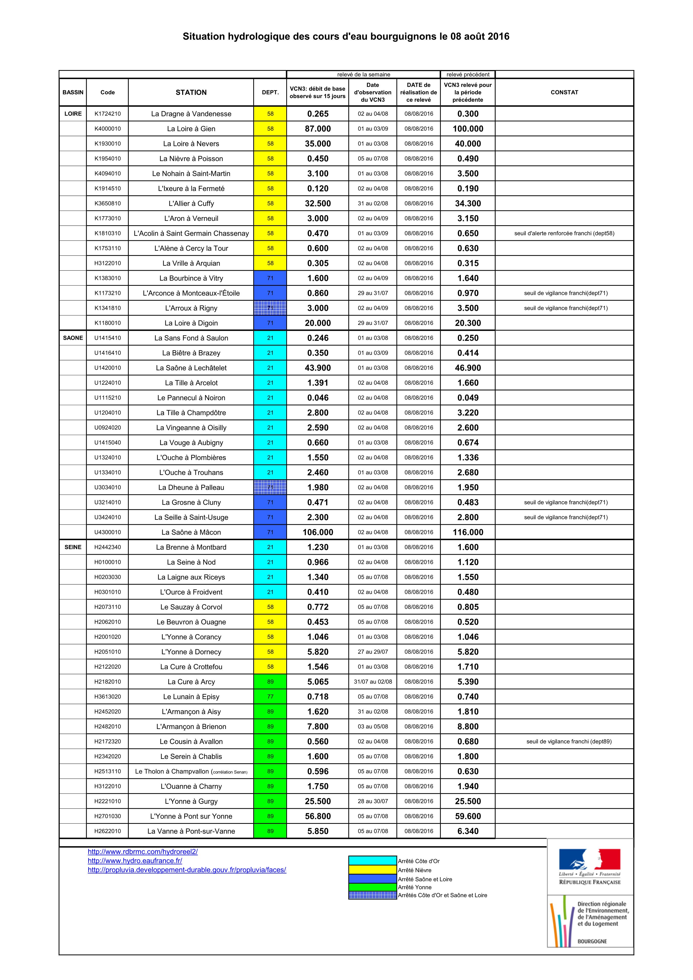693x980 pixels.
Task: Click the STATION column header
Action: (x=191, y=92)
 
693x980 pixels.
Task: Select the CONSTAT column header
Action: (x=564, y=92)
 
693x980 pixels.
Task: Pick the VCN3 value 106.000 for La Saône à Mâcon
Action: (x=317, y=532)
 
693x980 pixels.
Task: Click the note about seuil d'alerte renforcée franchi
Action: (x=564, y=233)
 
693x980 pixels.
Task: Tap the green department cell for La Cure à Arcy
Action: (x=270, y=682)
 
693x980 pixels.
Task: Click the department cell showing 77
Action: (x=270, y=697)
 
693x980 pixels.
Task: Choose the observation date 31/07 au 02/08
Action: (x=372, y=682)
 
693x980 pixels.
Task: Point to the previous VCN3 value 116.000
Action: (x=468, y=532)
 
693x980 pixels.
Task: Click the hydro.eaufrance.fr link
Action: (x=135, y=861)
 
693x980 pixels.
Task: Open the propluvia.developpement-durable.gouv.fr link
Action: (x=187, y=870)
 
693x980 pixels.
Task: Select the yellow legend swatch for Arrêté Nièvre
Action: (x=372, y=870)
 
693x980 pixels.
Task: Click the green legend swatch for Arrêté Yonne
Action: (x=372, y=887)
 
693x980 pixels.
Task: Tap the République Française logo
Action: (x=590, y=867)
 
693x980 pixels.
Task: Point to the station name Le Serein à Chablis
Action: (x=191, y=756)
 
